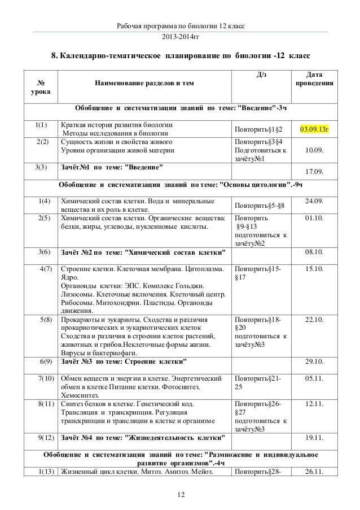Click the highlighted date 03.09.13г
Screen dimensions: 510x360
314,129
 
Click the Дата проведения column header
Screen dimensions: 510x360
314,79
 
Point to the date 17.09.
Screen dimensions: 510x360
314,171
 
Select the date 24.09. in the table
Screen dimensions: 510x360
314,201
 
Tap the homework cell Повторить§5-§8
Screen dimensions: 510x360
260,206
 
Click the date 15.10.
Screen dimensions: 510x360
314,268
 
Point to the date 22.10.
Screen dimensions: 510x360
314,320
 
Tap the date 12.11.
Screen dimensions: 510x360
314,404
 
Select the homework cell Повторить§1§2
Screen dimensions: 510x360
259,129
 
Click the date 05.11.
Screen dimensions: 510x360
314,378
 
